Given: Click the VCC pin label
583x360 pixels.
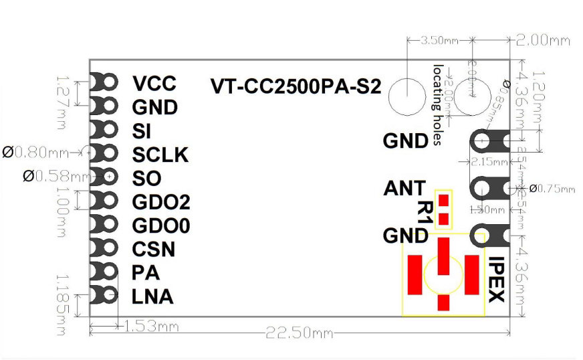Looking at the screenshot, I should tap(154, 84).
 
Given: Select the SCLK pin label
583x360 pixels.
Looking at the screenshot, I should tap(160, 155).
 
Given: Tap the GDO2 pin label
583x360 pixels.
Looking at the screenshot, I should tap(160, 202).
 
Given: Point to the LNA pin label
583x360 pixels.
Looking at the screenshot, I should tap(152, 296).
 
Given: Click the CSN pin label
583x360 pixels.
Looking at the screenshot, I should tap(153, 250).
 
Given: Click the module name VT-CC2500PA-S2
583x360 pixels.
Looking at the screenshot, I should tap(295, 87).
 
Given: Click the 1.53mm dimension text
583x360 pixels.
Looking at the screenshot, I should tap(151, 327).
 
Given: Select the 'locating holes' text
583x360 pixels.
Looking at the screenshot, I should tap(438, 104).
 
